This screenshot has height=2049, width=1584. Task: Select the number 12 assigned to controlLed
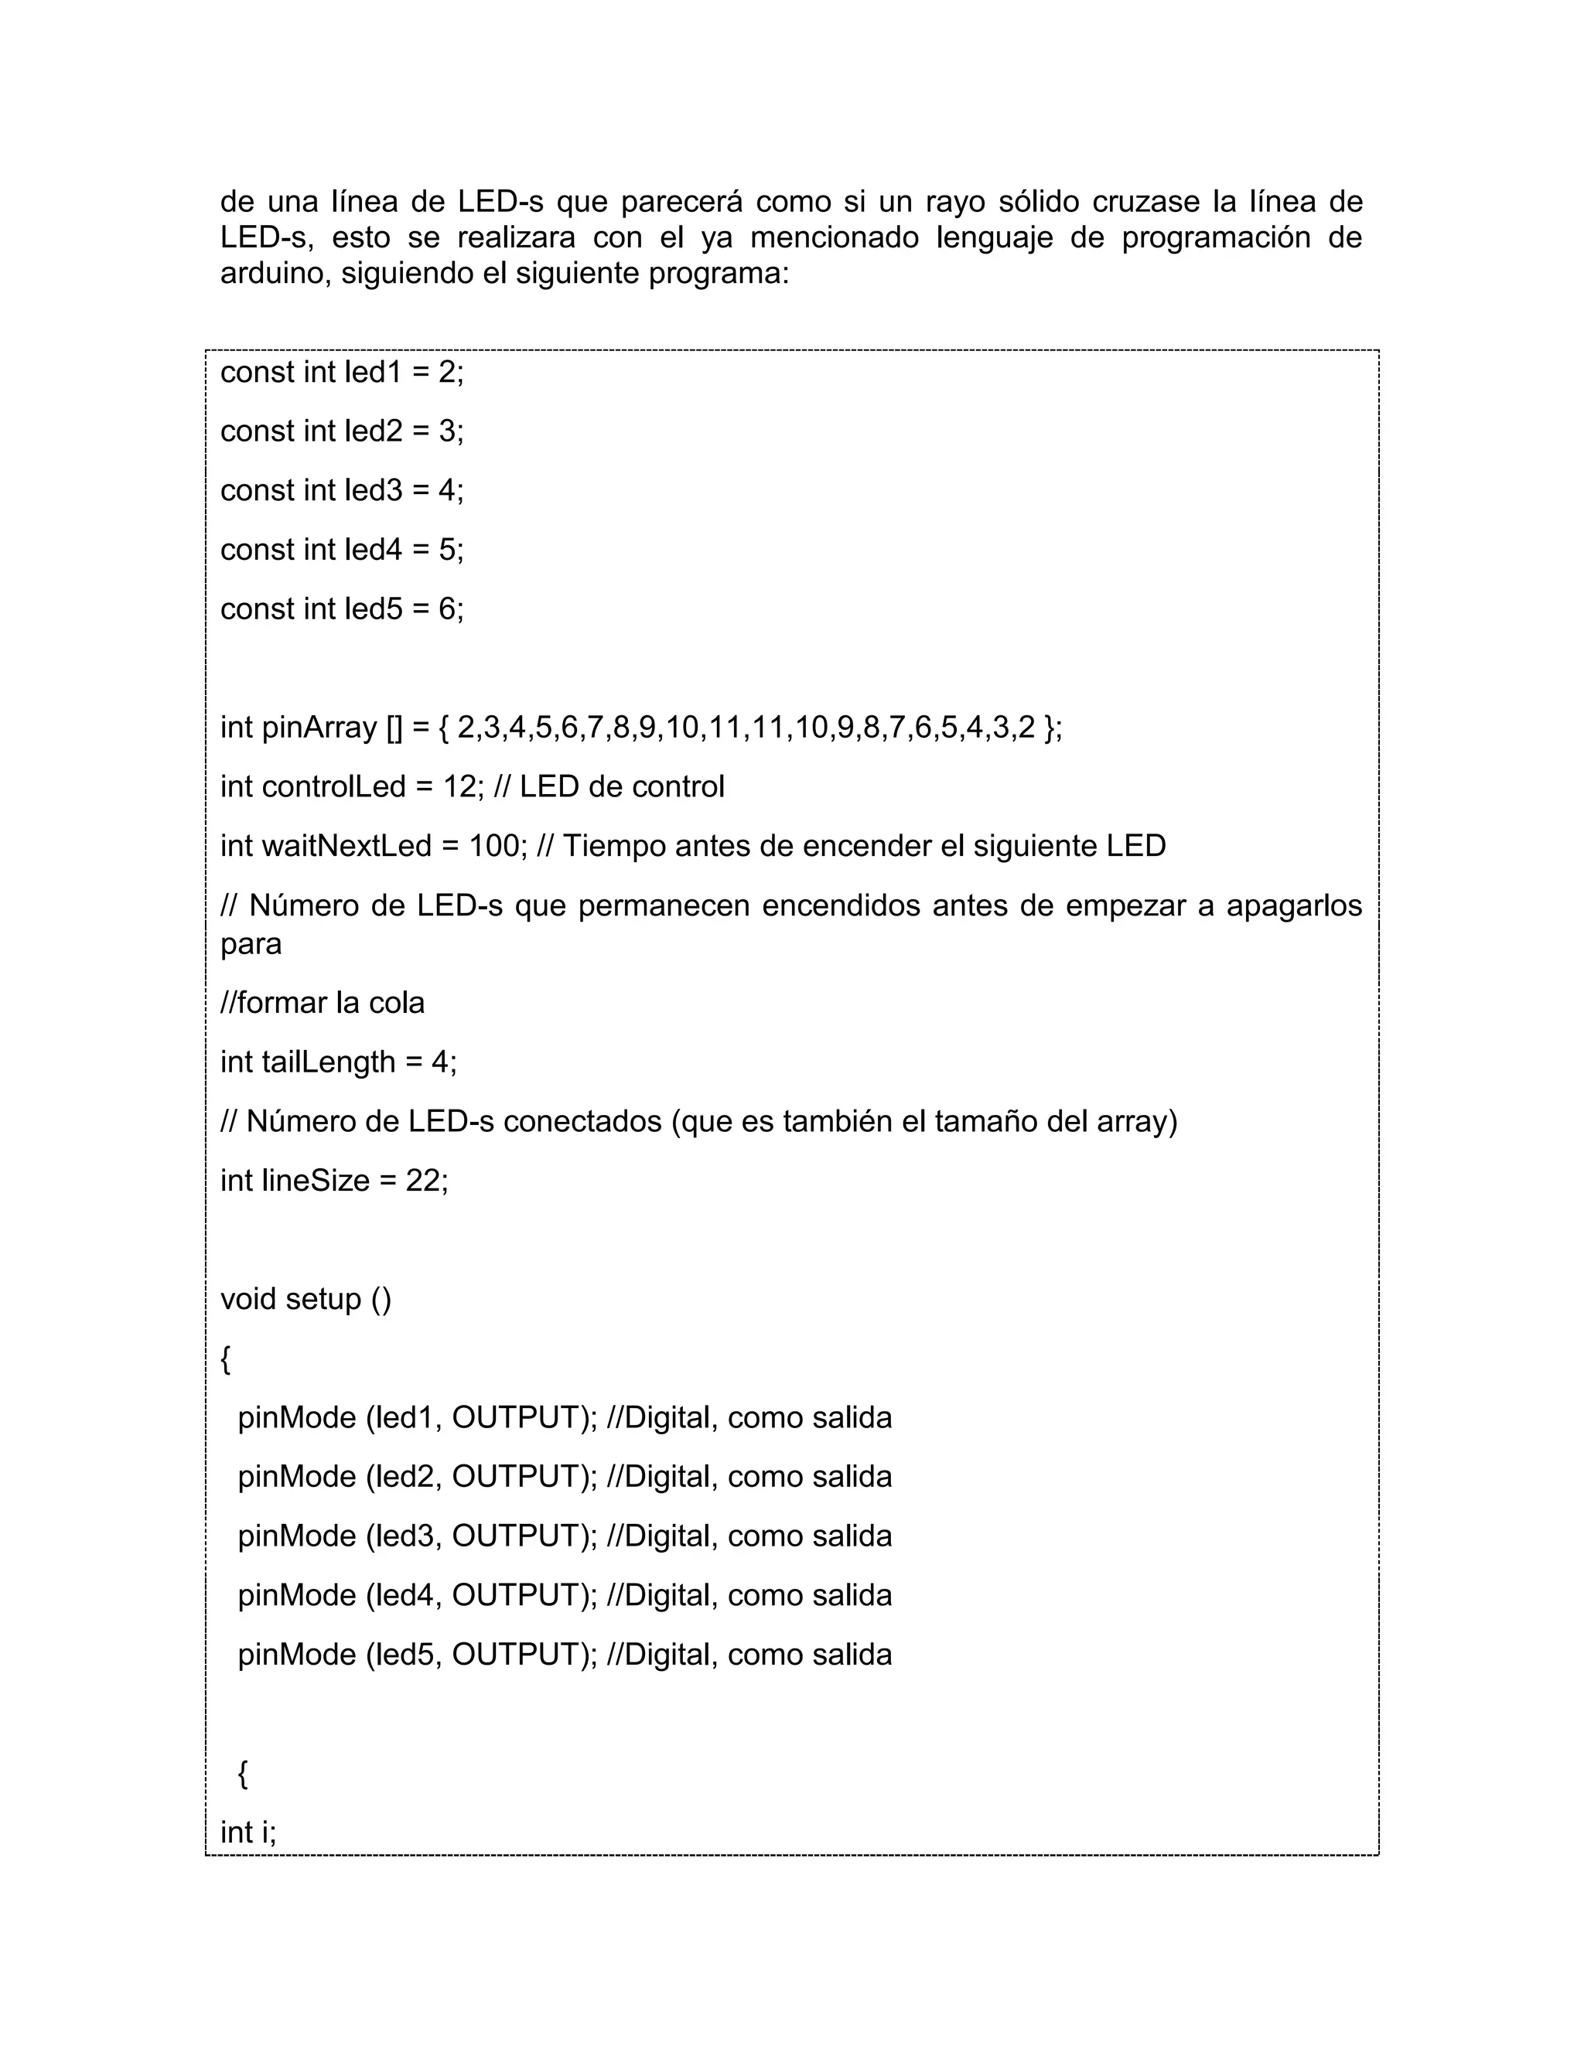click(460, 787)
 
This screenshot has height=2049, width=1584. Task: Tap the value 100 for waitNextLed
click(493, 846)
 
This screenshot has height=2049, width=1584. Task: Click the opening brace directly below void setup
click(225, 1359)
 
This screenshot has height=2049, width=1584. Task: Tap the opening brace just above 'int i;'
click(243, 1774)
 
